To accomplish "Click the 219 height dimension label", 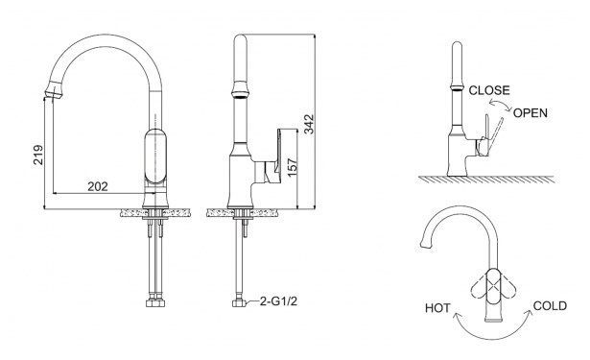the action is [x=38, y=155].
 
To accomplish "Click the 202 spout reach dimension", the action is [x=98, y=186].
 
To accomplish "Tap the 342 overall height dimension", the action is [x=309, y=124].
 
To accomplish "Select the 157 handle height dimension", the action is [x=293, y=167].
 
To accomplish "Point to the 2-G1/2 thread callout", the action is [x=278, y=300].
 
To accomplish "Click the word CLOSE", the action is [x=489, y=90].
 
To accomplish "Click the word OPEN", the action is [x=531, y=113].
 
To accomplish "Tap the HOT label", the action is [x=437, y=308].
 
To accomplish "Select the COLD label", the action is [x=550, y=306].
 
